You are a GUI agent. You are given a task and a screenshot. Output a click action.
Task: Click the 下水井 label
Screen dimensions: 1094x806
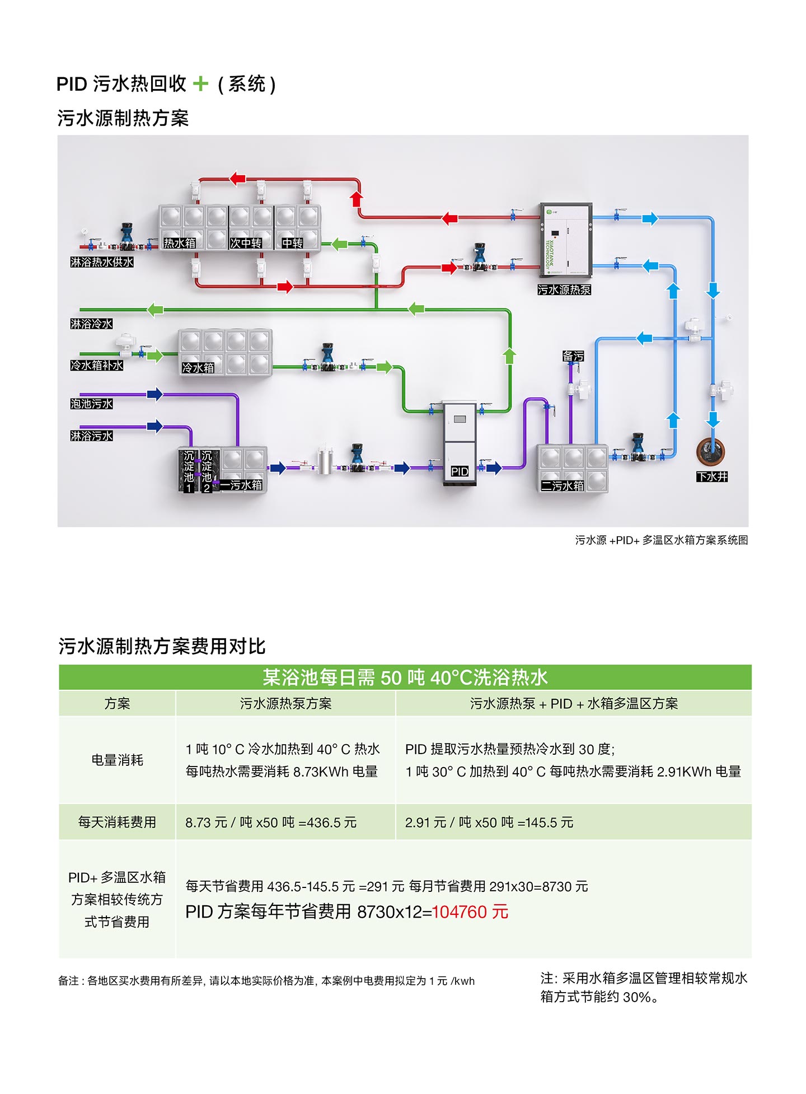tap(712, 476)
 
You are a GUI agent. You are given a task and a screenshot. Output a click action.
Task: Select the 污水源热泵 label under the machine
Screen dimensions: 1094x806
tap(564, 289)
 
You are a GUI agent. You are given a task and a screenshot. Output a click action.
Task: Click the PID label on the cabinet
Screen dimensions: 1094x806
tap(460, 471)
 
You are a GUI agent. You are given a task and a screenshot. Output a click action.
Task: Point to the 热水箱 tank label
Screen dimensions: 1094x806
tap(180, 243)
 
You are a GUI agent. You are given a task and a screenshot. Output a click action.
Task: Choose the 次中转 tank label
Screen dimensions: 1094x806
tap(246, 243)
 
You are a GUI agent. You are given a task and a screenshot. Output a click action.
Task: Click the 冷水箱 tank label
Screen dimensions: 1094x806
tap(198, 368)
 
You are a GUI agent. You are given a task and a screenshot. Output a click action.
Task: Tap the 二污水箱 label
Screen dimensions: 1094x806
tap(562, 485)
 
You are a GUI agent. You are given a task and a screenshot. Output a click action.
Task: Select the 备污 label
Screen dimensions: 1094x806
tap(573, 356)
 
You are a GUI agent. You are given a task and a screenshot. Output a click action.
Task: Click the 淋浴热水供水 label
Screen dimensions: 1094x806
tap(102, 261)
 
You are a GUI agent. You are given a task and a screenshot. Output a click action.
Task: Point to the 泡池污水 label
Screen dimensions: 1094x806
tap(92, 404)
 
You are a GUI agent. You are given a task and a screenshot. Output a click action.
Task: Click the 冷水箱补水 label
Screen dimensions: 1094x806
tap(97, 365)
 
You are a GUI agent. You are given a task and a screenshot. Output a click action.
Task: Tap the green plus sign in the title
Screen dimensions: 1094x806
tap(200, 84)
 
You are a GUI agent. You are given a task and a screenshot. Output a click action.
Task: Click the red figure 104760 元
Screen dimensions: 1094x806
tap(470, 911)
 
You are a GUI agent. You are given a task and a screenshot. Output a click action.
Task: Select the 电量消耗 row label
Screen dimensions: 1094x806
tap(117, 760)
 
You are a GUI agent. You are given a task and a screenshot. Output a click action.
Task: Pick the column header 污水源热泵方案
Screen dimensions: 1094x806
tap(285, 703)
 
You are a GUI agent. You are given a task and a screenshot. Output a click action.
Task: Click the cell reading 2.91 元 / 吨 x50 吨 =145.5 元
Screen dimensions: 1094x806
tap(489, 822)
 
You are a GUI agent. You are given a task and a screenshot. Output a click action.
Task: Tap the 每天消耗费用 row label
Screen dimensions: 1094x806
tap(117, 822)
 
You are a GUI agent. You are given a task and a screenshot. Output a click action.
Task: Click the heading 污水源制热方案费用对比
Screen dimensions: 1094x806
tap(162, 646)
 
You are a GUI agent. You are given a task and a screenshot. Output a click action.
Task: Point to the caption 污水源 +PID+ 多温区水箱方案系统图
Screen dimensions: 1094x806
tap(661, 540)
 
